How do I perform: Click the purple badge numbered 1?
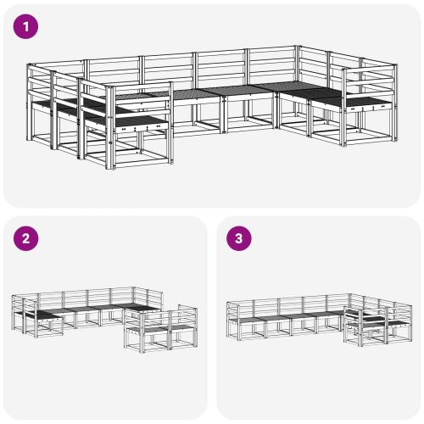[28, 27]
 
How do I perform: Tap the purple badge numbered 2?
[28, 240]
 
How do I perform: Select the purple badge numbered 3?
[240, 240]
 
